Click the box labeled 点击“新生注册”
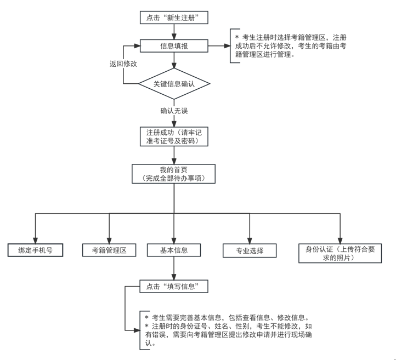(x=173, y=18)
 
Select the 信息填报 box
(x=173, y=46)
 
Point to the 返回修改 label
(x=123, y=64)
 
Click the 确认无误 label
(x=173, y=111)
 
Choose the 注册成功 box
(x=173, y=136)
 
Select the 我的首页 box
(x=173, y=173)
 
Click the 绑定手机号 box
(x=35, y=250)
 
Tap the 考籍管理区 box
(x=109, y=250)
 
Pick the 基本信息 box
(x=173, y=250)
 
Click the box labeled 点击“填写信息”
(x=173, y=287)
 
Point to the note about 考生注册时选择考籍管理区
(x=291, y=46)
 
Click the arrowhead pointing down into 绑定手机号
(x=35, y=239)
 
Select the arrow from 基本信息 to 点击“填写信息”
(x=173, y=269)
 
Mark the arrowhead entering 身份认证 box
(x=340, y=239)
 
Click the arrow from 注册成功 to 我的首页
(x=173, y=155)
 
